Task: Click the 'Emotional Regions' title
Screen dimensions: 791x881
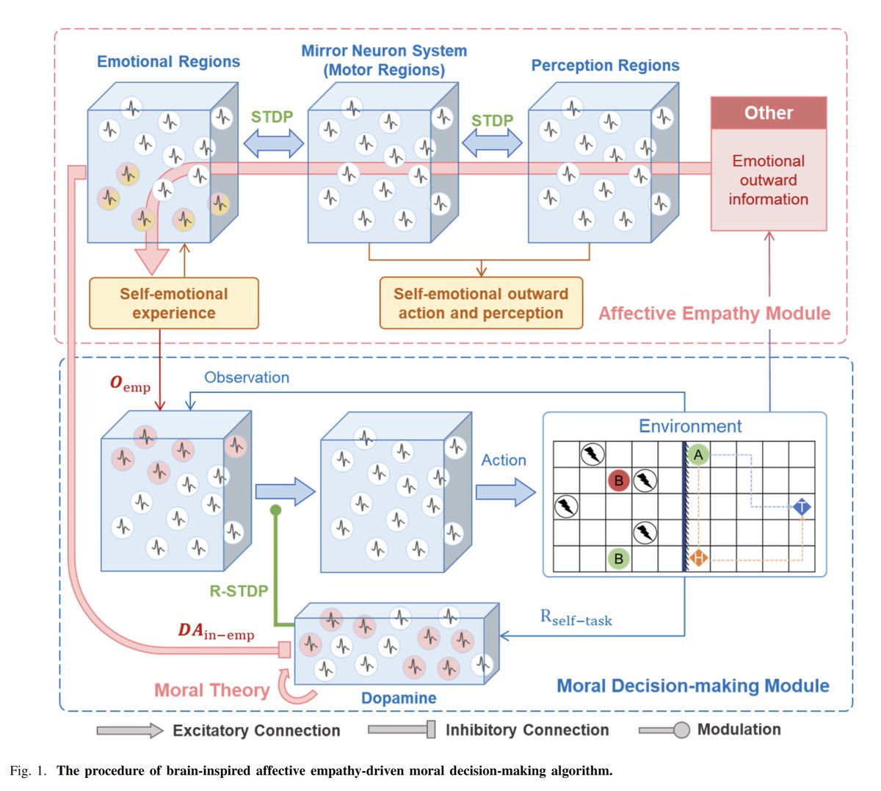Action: click(168, 62)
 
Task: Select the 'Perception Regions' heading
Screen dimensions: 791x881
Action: click(605, 65)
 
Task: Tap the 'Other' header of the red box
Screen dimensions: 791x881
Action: click(769, 113)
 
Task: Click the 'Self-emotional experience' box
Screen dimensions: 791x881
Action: click(174, 303)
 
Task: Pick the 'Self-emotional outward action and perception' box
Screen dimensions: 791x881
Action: click(481, 303)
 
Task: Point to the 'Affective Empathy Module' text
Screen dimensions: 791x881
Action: click(714, 314)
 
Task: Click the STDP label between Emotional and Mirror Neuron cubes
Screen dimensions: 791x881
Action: click(272, 117)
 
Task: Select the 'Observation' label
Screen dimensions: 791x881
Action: click(247, 378)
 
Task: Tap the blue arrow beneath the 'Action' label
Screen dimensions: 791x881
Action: click(506, 491)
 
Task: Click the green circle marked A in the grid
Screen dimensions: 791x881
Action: click(698, 455)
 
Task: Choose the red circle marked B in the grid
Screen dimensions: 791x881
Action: click(618, 482)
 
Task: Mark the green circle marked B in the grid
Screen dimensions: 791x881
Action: click(618, 559)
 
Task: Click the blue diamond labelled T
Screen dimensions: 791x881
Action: click(802, 508)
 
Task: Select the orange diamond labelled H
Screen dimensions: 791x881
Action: click(698, 559)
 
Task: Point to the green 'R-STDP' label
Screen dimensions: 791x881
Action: click(239, 590)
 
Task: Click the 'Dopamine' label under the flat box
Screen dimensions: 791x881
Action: click(399, 698)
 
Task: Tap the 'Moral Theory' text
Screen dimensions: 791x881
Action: click(211, 690)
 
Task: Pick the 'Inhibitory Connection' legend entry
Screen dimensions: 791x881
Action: click(526, 730)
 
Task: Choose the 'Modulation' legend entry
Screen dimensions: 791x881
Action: click(739, 729)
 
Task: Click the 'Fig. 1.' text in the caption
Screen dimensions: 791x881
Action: click(28, 770)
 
